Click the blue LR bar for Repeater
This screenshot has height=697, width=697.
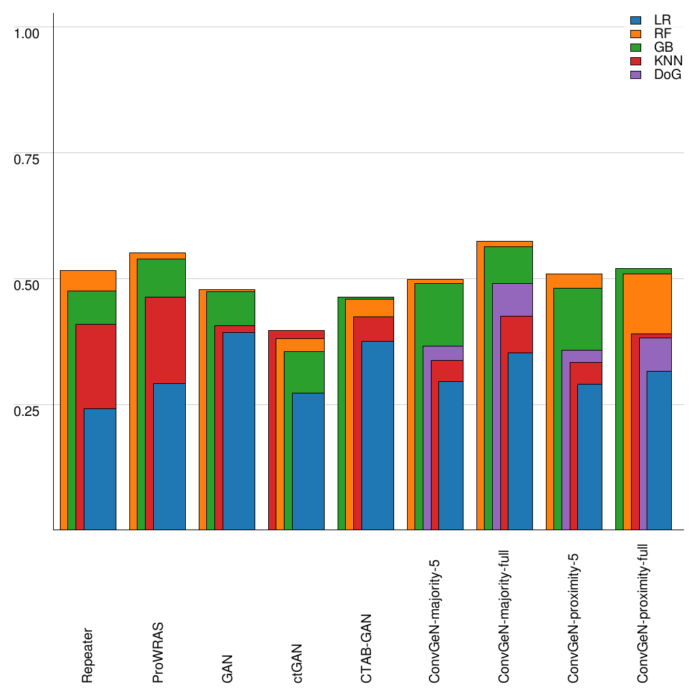99,469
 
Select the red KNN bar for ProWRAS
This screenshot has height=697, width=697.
161,340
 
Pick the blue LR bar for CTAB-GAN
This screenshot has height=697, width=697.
377,436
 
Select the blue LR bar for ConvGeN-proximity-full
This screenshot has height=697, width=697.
659,450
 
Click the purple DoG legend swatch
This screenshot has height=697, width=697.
637,75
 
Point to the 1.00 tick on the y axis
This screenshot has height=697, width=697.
27,33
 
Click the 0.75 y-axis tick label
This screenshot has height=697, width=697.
27,159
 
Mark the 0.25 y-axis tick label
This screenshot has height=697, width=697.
27,410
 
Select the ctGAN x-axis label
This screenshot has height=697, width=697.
297,663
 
